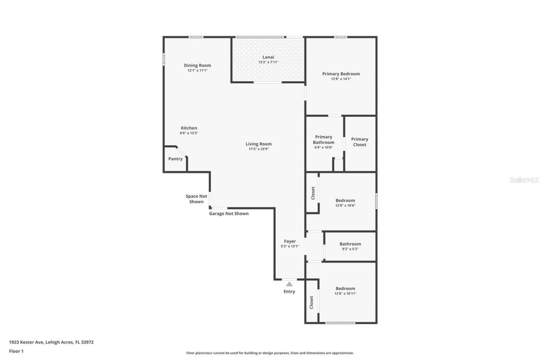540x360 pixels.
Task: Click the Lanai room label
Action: tap(268, 57)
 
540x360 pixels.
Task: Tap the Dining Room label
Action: tap(197, 65)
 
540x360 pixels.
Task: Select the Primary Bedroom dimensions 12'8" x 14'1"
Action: tap(341, 78)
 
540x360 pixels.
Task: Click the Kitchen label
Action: tap(189, 128)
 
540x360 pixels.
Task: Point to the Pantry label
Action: tap(175, 159)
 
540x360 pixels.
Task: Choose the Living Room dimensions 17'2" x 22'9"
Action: tap(259, 149)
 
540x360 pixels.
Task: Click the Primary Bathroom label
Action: tap(324, 140)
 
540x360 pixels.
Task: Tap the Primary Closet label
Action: tap(359, 142)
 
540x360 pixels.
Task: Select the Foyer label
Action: tap(290, 241)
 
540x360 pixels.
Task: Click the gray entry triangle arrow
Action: tap(289, 284)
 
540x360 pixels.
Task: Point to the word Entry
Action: tap(289, 292)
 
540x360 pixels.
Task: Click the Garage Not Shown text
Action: tap(229, 214)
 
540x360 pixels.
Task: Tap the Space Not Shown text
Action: tap(197, 199)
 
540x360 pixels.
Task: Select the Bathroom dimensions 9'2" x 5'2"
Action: tap(350, 249)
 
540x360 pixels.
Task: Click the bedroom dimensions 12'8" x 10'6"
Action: tap(345, 206)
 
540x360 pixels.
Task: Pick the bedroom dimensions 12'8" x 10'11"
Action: tap(345, 293)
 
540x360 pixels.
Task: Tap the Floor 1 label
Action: tap(16, 351)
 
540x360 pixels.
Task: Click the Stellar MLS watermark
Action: tap(524, 180)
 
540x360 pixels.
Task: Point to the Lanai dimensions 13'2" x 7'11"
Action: tap(268, 62)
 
